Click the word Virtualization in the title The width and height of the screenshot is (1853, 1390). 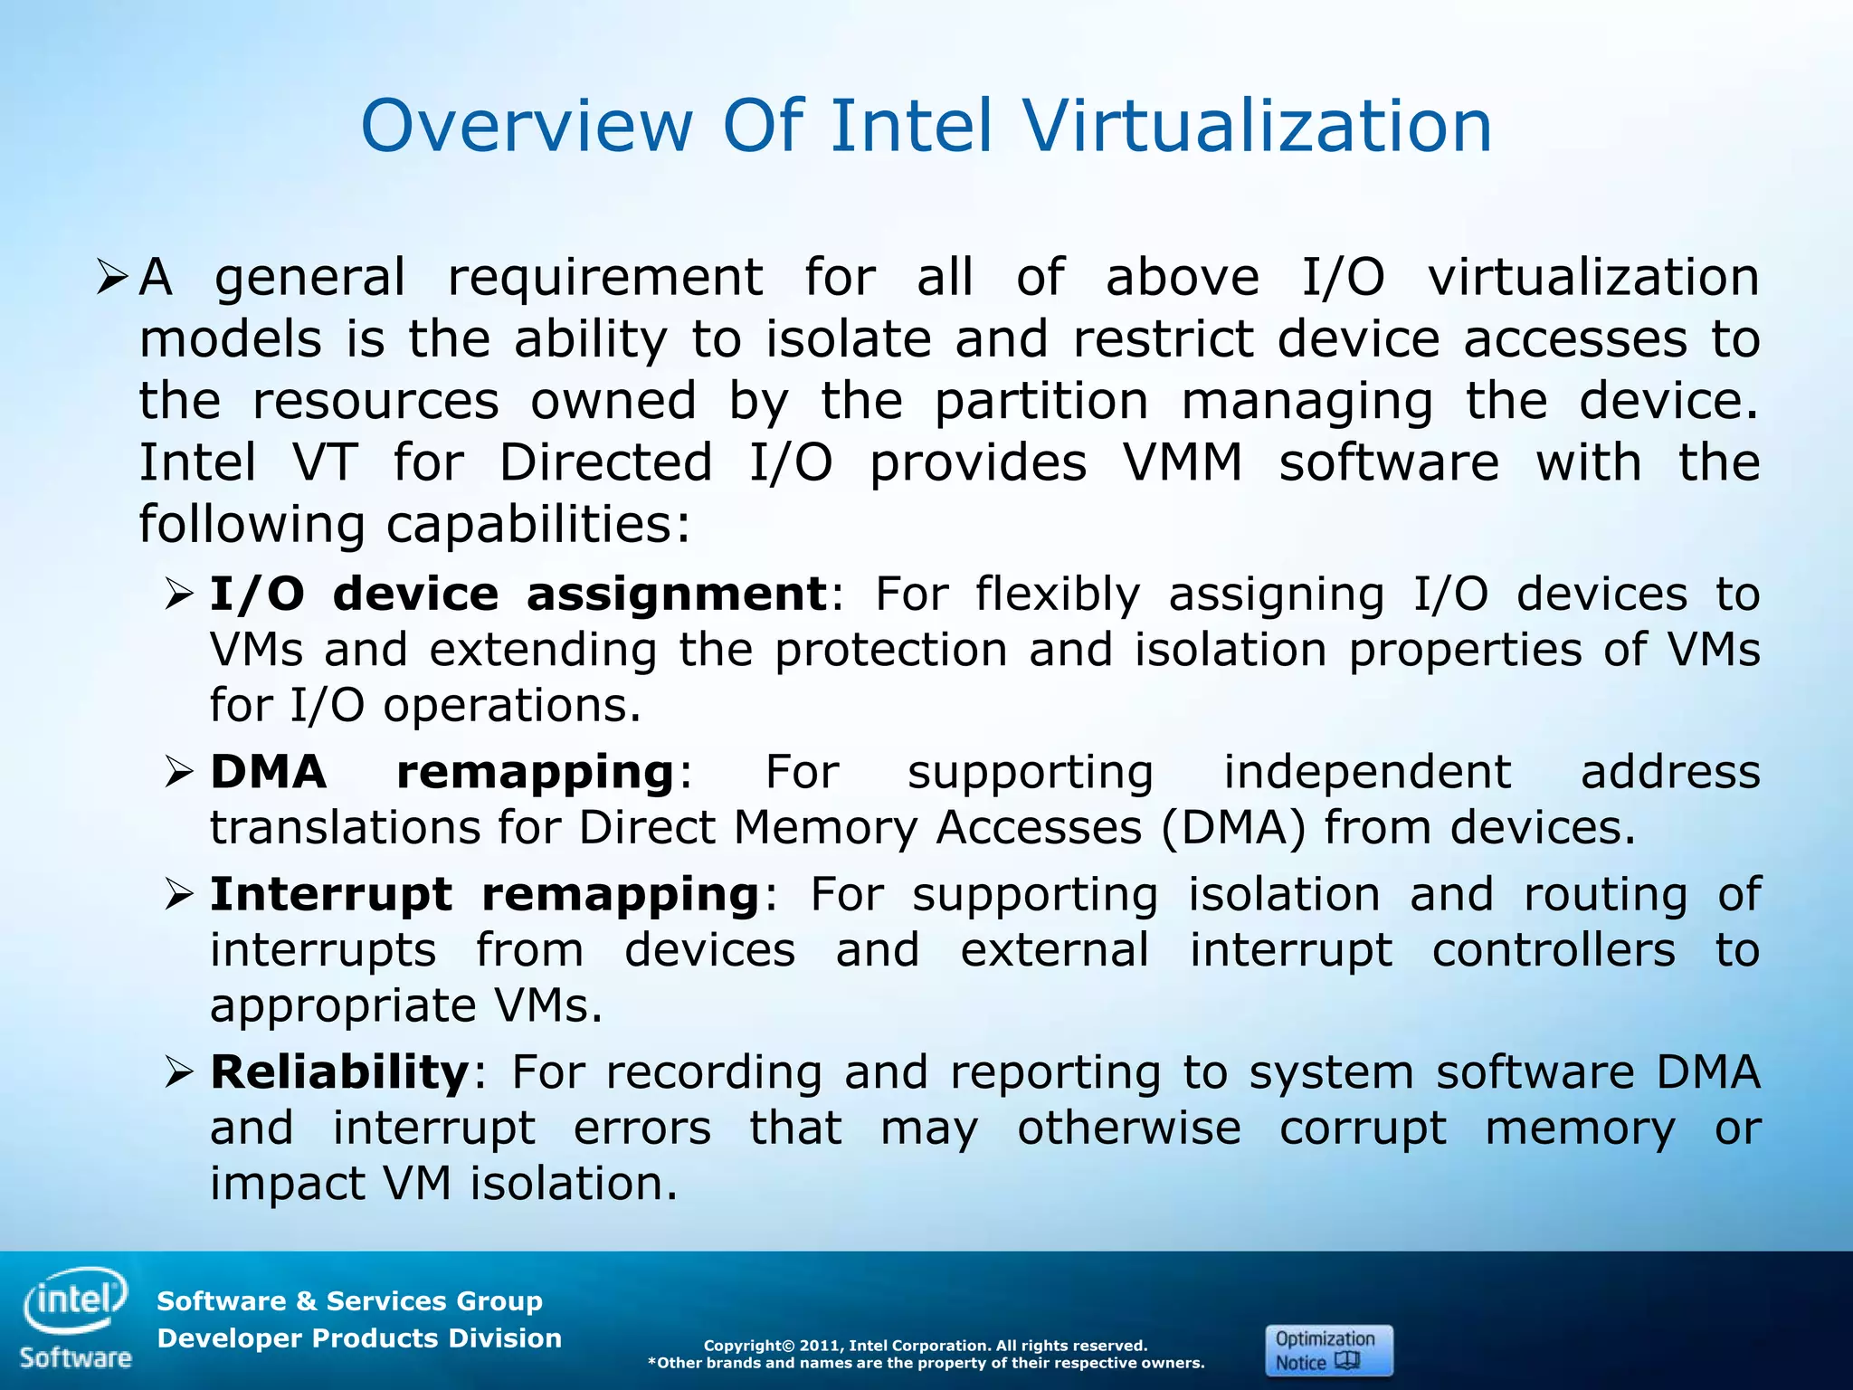click(x=1258, y=127)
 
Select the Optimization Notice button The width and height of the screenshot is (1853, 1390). click(x=1328, y=1350)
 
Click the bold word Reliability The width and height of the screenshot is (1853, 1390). click(x=339, y=1073)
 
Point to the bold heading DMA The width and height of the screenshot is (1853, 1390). click(x=268, y=773)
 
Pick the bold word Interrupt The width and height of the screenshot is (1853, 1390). click(x=330, y=896)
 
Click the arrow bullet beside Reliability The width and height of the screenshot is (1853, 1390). click(x=180, y=1074)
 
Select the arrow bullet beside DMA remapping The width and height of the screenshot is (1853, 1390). click(x=180, y=774)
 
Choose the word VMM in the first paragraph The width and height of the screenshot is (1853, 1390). click(x=1183, y=463)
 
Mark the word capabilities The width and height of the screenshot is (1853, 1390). click(x=538, y=525)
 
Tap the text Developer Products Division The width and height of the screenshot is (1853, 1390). click(x=359, y=1338)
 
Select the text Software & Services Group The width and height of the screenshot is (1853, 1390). click(x=349, y=1301)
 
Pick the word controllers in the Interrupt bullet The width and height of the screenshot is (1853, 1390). click(x=1553, y=951)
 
